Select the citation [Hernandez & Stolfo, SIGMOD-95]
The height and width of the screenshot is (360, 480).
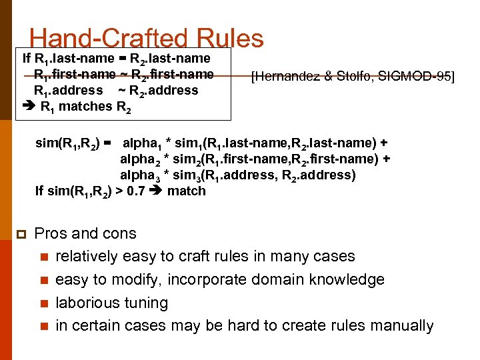pyautogui.click(x=352, y=77)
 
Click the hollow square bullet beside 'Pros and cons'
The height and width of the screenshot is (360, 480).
pyautogui.click(x=21, y=234)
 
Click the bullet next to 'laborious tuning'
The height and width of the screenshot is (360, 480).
pyautogui.click(x=44, y=303)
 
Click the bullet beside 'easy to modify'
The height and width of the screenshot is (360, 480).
pyautogui.click(x=44, y=280)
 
